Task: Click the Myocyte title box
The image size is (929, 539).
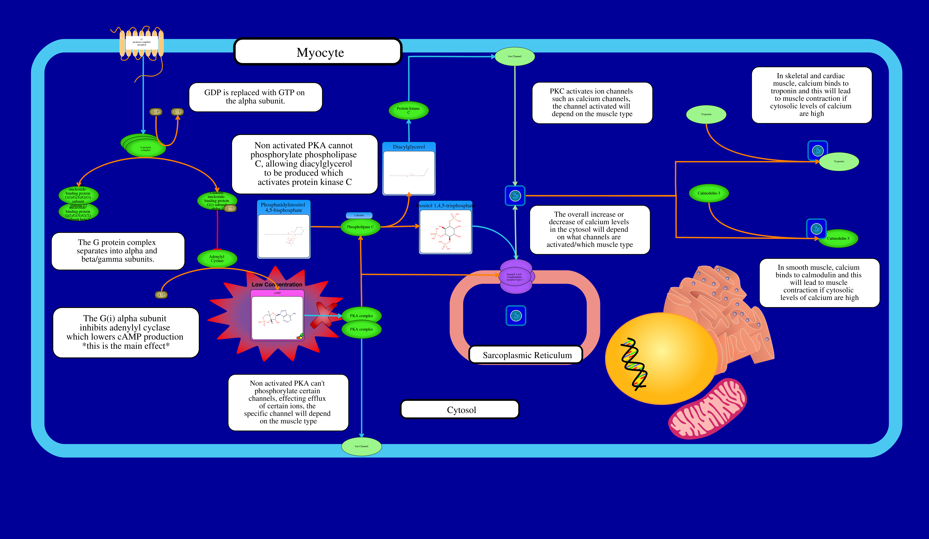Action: coord(318,52)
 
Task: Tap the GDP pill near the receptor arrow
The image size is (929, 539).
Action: coord(156,112)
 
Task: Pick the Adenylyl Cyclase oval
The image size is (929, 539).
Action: coord(217,259)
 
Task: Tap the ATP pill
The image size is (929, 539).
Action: coord(161,295)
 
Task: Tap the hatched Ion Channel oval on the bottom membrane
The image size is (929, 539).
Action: coord(361,446)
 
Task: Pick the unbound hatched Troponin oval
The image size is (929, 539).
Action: coord(706,114)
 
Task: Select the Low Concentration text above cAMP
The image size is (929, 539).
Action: coord(277,284)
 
